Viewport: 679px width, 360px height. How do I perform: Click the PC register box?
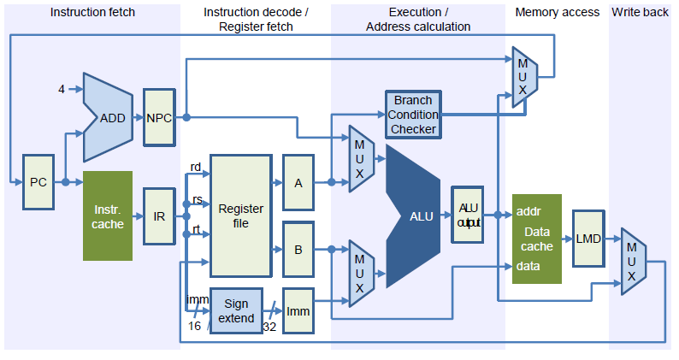click(38, 182)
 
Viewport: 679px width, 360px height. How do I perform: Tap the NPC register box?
click(159, 117)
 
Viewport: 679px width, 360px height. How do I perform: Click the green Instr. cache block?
click(108, 216)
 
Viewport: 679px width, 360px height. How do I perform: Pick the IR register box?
click(159, 216)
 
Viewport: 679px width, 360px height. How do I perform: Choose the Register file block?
click(240, 215)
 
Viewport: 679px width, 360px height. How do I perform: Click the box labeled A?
click(298, 181)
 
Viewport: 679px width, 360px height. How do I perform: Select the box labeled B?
click(298, 249)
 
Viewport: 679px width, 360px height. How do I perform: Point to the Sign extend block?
click(236, 311)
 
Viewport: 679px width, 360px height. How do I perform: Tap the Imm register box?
click(298, 311)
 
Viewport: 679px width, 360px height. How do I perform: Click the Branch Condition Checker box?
click(413, 115)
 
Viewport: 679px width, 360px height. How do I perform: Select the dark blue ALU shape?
click(415, 215)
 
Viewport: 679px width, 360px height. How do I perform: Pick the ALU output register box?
click(468, 215)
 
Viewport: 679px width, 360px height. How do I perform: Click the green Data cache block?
click(537, 239)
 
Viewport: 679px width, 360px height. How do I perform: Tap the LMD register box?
click(589, 239)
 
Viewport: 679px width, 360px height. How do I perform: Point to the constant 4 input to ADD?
click(62, 89)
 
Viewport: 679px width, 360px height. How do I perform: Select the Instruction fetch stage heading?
click(92, 12)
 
